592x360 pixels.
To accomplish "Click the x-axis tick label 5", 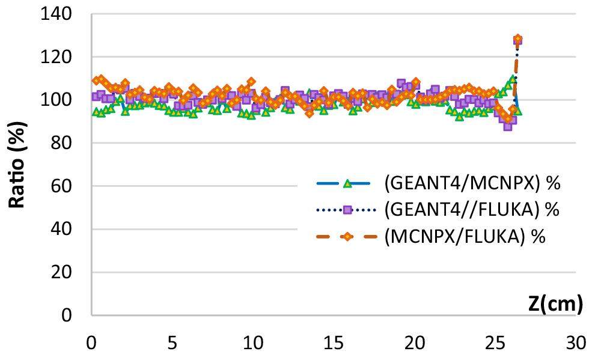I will [x=172, y=344].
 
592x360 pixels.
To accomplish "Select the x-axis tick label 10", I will [x=253, y=344].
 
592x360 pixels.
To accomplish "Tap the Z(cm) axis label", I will [x=556, y=304].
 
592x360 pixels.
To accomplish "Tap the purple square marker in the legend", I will [x=347, y=210].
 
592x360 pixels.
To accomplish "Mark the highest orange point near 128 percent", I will [x=517, y=39].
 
